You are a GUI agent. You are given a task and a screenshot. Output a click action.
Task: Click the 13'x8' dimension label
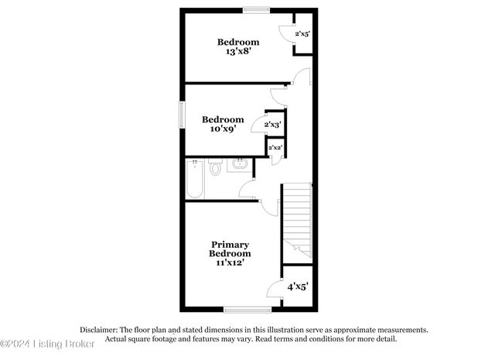237,52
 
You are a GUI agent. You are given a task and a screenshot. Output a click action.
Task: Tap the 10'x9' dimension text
223,129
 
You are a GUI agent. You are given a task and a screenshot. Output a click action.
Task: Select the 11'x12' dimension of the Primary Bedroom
230,263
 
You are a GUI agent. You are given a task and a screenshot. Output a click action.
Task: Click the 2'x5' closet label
302,35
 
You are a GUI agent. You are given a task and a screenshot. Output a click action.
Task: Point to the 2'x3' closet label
272,124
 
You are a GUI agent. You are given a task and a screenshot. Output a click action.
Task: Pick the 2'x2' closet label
274,147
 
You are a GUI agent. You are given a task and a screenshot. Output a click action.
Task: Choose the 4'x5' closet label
299,287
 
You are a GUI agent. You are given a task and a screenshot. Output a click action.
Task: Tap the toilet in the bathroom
216,166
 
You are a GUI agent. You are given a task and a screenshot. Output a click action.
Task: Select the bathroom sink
241,164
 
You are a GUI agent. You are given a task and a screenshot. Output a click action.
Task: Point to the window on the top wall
254,9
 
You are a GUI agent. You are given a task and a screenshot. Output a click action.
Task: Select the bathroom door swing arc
247,188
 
